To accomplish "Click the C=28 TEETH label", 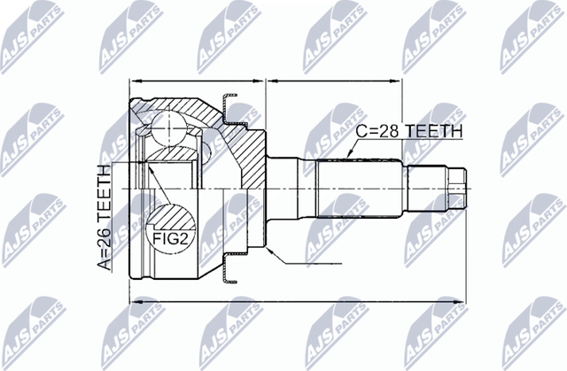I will tap(408, 131).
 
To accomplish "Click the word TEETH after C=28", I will tap(434, 131).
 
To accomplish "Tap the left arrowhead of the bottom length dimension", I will tap(135, 303).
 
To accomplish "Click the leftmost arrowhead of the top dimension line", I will tap(135, 81).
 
